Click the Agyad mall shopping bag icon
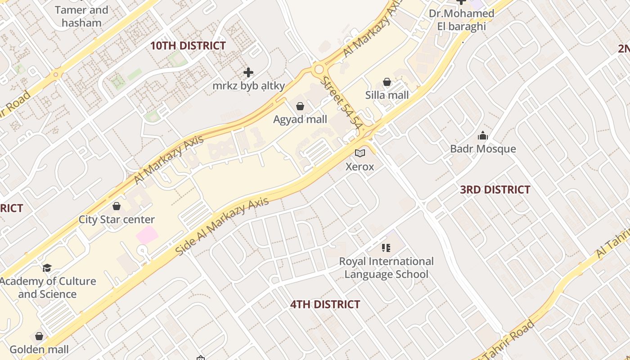pos(300,106)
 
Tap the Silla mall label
pos(387,95)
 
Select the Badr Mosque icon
pos(483,135)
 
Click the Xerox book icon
pos(360,153)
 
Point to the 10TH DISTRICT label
pos(188,46)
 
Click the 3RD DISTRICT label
pos(495,190)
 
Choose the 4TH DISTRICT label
pos(325,305)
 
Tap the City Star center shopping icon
pos(117,206)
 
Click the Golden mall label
pos(39,350)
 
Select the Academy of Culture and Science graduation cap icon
pos(47,268)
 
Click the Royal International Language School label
pos(386,268)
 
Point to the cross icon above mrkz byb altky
pos(248,72)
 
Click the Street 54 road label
pos(342,103)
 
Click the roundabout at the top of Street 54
pos(319,70)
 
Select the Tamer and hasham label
pos(81,16)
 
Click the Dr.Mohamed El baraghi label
pos(461,20)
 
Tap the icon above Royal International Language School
pos(386,248)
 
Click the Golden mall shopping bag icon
pos(39,337)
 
